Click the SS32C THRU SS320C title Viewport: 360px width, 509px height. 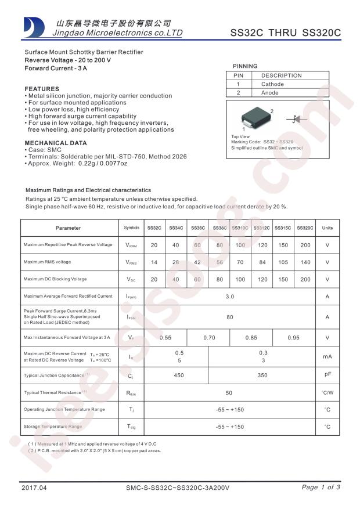[285, 33]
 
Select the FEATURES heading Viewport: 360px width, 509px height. [42, 89]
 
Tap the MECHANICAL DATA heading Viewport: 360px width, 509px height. [56, 143]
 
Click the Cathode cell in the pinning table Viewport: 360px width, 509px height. [272, 84]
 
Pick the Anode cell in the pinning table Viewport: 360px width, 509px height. [270, 93]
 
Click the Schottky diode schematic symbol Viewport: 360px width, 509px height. [295, 119]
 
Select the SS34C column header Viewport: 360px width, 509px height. [176, 228]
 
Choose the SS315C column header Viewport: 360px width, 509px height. [283, 228]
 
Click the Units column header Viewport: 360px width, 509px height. [327, 228]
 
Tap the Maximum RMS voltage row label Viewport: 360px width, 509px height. [48, 262]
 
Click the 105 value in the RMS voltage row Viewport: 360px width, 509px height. [283, 262]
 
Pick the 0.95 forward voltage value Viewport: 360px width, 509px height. [294, 338]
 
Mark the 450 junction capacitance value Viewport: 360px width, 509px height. [179, 376]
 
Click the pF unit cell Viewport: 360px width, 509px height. [327, 375]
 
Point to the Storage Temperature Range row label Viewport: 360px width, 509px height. [53, 427]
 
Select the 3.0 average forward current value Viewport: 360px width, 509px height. [230, 297]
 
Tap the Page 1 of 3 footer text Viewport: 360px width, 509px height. [321, 487]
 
